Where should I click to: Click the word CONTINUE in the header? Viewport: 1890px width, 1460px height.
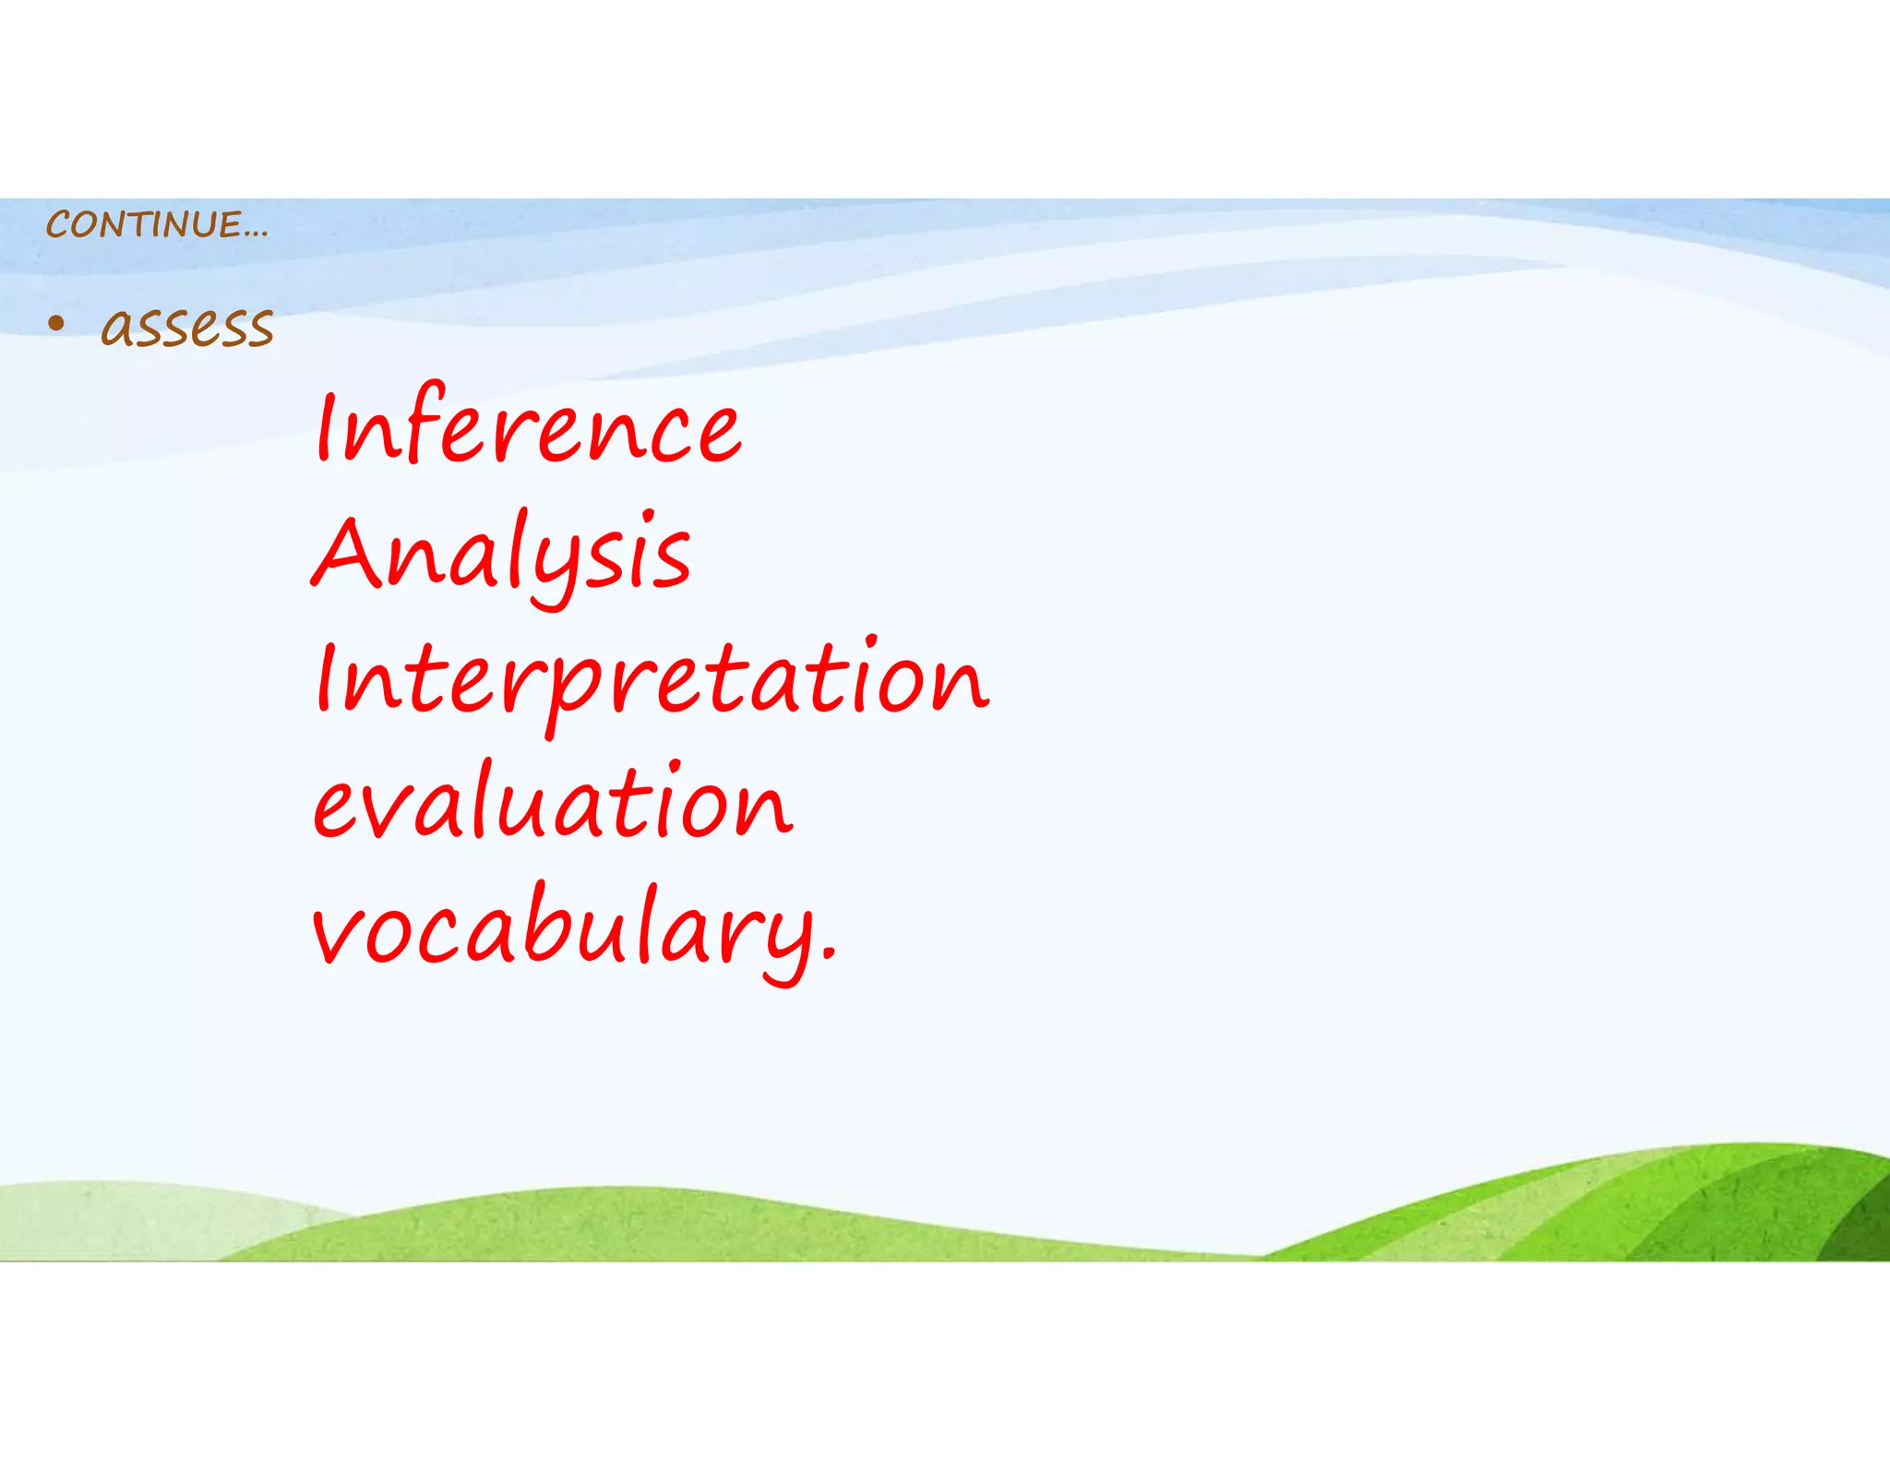pyautogui.click(x=143, y=224)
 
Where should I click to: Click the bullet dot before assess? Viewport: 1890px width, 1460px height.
pyautogui.click(x=57, y=324)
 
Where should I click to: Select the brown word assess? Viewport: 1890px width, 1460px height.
pyautogui.click(x=187, y=327)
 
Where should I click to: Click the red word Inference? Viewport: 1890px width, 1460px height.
pyautogui.click(x=528, y=426)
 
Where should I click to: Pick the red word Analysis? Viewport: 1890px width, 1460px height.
pyautogui.click(x=501, y=554)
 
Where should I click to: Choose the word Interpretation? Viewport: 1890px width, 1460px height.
pyautogui.click(x=651, y=680)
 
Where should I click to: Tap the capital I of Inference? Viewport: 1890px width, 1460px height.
pyautogui.click(x=323, y=425)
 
